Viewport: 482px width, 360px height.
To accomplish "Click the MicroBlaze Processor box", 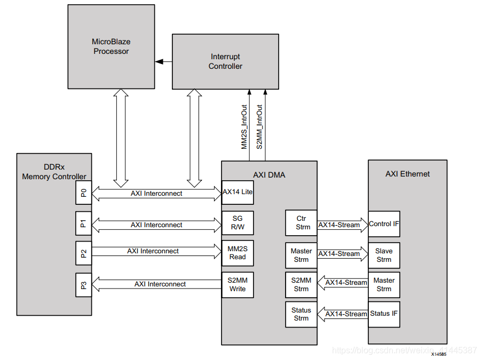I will click(x=111, y=46).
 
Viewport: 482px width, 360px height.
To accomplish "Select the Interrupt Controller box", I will click(x=225, y=61).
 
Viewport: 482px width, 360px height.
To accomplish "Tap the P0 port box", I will click(x=83, y=194).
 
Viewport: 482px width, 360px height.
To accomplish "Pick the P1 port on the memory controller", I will click(x=83, y=225).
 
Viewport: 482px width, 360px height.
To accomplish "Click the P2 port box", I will click(x=83, y=253).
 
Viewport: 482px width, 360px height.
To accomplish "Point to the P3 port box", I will click(x=83, y=285).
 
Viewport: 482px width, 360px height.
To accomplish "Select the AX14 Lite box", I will click(x=238, y=192).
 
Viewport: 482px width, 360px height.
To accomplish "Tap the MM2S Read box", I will click(x=238, y=253).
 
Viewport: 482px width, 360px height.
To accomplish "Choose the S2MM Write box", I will click(x=238, y=284).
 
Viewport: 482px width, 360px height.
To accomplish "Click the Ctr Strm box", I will click(x=301, y=223).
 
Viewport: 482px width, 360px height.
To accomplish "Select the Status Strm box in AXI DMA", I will click(x=301, y=314).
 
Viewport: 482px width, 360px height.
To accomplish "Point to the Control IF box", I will click(x=384, y=224).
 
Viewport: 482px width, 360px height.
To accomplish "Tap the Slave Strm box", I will click(x=384, y=255).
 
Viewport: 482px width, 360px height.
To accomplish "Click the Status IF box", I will click(x=384, y=314).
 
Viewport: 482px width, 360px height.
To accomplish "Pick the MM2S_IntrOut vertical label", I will click(x=244, y=126).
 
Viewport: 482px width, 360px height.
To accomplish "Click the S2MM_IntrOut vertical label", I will click(x=259, y=126).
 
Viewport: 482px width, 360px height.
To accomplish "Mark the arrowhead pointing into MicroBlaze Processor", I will click(x=159, y=62).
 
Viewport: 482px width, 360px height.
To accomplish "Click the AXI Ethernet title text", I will click(x=407, y=174).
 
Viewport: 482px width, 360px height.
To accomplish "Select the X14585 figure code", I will click(x=439, y=354).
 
